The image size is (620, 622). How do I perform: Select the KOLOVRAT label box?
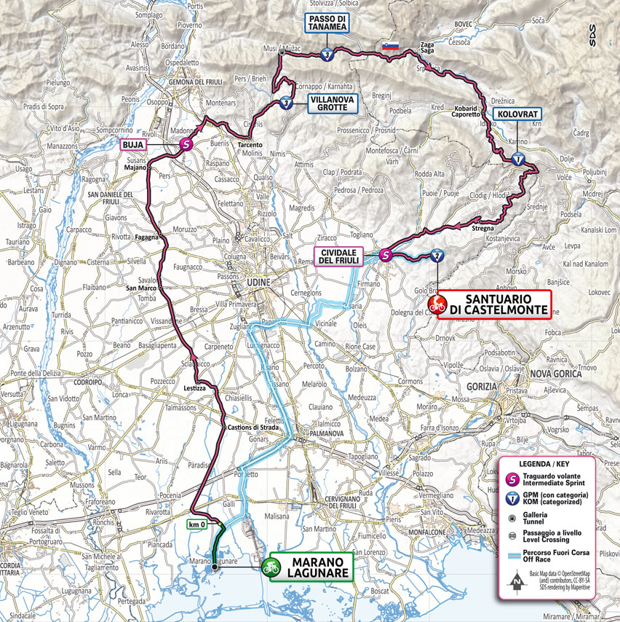coord(517,114)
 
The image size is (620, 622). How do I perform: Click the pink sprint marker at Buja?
coord(186,145)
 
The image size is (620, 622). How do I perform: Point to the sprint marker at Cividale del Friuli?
coord(386,255)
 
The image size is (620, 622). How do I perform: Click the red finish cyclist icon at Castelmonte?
coord(437,305)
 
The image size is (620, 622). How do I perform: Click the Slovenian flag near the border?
coord(391,47)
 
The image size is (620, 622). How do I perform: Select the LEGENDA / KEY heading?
coord(545,464)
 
